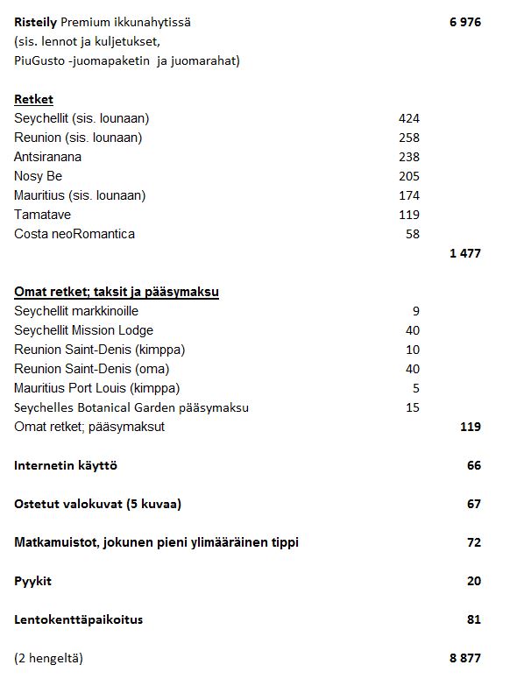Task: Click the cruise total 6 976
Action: pos(464,22)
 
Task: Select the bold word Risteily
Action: pos(35,22)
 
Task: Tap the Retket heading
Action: pos(33,99)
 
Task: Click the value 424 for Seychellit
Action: pos(408,118)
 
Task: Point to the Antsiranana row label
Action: pos(47,157)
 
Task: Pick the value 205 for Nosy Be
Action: pos(408,176)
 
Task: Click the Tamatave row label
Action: pos(42,215)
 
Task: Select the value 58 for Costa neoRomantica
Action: pos(412,234)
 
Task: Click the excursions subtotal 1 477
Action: pos(464,254)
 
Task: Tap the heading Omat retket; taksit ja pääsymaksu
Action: pos(116,292)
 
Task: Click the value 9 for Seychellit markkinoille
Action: pos(415,311)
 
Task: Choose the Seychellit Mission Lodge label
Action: pos(83,330)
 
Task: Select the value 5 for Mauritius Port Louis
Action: pos(415,388)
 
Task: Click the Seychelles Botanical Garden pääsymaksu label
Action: pos(131,407)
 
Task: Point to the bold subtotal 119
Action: pos(470,427)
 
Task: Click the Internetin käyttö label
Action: pos(66,465)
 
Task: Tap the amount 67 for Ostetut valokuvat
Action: pos(473,504)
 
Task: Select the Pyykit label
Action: pos(32,581)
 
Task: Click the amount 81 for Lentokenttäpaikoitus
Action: pos(473,619)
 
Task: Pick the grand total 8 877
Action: pos(464,658)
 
